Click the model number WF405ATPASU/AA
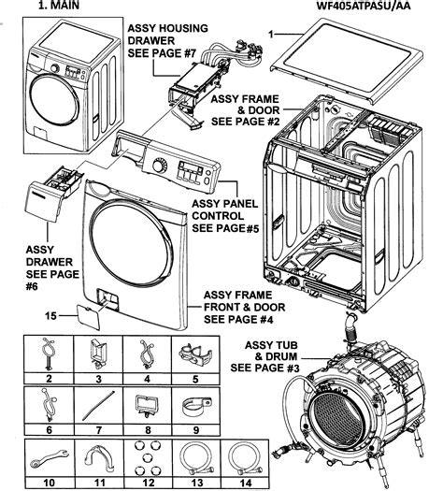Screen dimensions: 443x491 click(x=364, y=6)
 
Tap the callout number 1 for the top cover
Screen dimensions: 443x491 click(x=271, y=34)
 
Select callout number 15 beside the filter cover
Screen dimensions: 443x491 click(x=50, y=316)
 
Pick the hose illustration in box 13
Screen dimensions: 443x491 click(x=197, y=458)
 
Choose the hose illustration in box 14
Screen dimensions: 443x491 click(x=245, y=458)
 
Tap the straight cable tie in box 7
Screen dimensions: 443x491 click(x=98, y=406)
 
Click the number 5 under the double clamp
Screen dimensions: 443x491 click(x=195, y=379)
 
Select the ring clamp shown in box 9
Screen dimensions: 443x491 click(x=196, y=406)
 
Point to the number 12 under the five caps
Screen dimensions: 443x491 click(x=149, y=483)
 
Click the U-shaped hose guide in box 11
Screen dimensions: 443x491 click(x=99, y=458)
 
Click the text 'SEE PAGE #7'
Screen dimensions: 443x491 click(x=162, y=53)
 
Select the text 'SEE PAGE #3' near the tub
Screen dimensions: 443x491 click(x=264, y=368)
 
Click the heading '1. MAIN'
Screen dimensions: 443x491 click(x=59, y=5)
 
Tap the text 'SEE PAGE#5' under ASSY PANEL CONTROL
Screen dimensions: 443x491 click(x=225, y=228)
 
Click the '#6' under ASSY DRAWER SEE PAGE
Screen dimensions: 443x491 click(x=32, y=286)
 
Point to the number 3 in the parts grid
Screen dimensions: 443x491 click(x=98, y=379)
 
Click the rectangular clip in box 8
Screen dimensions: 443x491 click(x=147, y=405)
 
